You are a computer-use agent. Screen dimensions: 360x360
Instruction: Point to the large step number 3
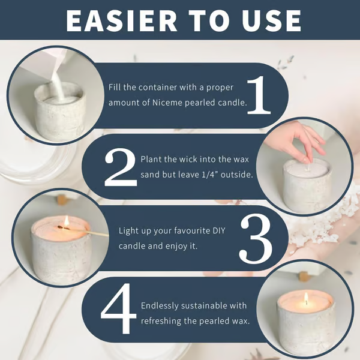pos(256,238)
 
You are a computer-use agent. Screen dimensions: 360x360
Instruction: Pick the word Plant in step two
pos(151,159)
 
